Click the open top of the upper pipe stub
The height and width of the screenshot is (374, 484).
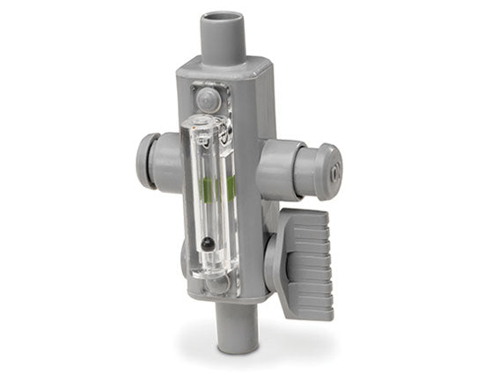[x=222, y=18]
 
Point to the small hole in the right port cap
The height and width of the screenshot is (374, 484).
[x=332, y=172]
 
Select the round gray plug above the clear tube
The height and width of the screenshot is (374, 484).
[x=208, y=99]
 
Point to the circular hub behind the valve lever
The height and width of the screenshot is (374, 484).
[x=274, y=260]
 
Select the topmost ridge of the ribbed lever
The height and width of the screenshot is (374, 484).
[x=308, y=216]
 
